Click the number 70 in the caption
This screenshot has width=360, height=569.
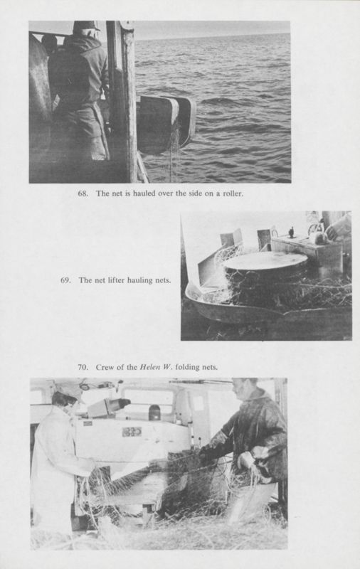pyautogui.click(x=83, y=367)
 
